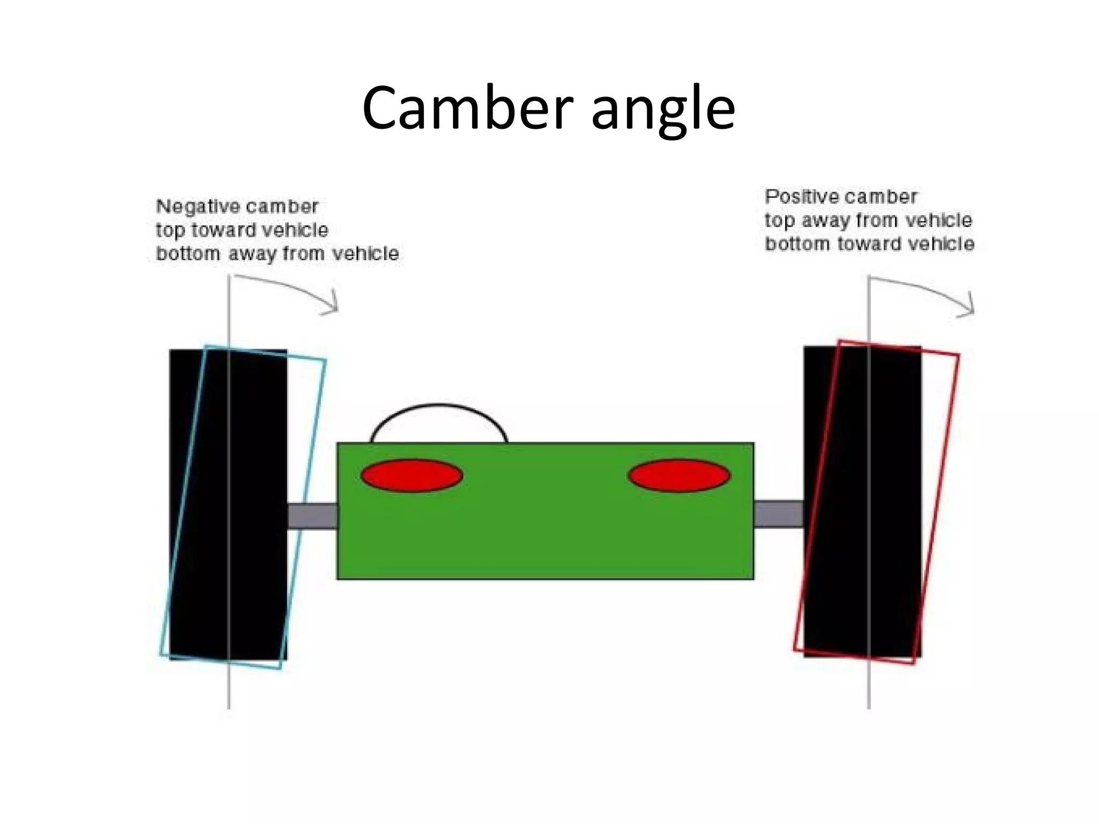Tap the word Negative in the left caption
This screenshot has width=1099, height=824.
pos(190,207)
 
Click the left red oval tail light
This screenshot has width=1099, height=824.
pos(412,475)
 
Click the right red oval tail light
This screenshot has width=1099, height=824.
pos(679,475)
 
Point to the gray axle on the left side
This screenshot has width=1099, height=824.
pos(312,516)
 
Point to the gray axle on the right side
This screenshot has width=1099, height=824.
pos(779,514)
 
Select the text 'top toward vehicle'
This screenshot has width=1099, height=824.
pos(242,230)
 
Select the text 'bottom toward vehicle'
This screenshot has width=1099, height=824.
pos(869,244)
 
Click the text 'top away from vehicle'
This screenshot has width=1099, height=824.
pos(868,220)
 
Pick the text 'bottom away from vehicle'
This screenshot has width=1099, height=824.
pos(277,254)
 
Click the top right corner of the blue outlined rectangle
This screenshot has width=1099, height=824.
pos(325,360)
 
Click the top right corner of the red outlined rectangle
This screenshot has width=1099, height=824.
pos(958,355)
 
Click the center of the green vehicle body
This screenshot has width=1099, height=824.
pos(545,511)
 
